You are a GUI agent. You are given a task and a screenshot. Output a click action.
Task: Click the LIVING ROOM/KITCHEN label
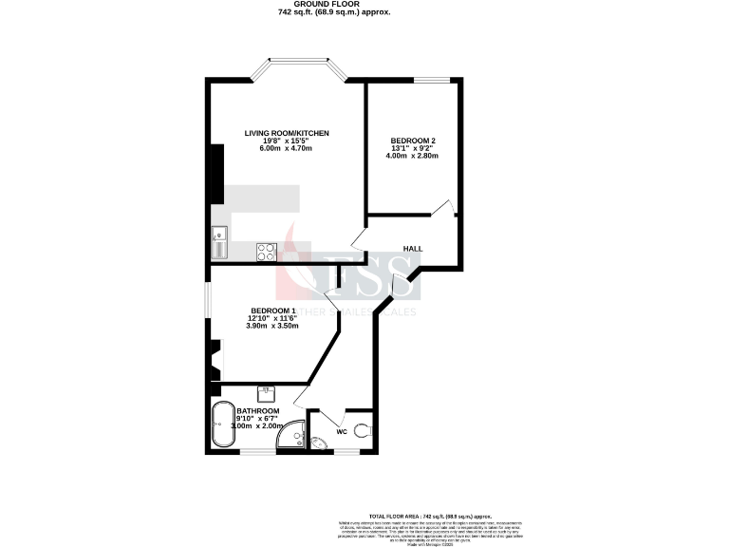click(x=286, y=132)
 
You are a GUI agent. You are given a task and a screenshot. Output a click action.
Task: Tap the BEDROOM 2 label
click(x=413, y=141)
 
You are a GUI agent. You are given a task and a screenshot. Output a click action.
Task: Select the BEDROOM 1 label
click(x=273, y=311)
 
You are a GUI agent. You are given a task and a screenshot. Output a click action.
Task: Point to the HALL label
click(x=412, y=249)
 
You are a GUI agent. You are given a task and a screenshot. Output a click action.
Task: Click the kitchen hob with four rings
click(x=266, y=252)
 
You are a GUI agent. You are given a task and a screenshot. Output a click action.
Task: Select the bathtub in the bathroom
click(x=223, y=425)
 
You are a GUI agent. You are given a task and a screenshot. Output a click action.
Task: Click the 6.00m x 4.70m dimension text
click(x=286, y=149)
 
